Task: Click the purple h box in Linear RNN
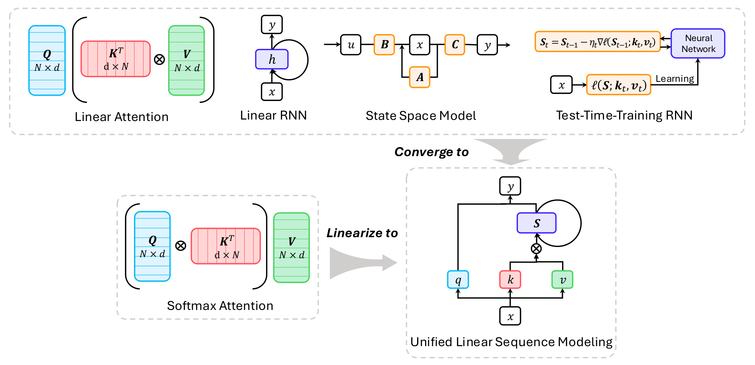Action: pos(272,59)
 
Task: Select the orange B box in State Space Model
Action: pos(384,44)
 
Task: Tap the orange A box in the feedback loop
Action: pos(420,77)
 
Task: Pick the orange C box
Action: pos(455,44)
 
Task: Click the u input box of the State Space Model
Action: pos(351,44)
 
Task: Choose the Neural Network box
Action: pos(698,43)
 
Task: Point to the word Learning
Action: pos(675,79)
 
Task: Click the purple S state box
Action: pos(536,223)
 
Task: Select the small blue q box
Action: pos(458,280)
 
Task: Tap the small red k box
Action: pos(510,280)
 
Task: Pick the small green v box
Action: pos(562,280)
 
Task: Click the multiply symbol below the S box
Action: pos(536,248)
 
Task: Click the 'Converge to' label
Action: pos(431,152)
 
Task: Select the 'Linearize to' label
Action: pos(362,233)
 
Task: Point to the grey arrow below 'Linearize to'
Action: pos(361,263)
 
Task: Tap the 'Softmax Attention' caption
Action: pos(220,305)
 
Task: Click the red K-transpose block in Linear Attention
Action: pos(116,59)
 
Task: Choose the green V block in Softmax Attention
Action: pos(291,247)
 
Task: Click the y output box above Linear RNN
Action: pos(272,25)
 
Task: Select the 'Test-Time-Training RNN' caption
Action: pos(624,115)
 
